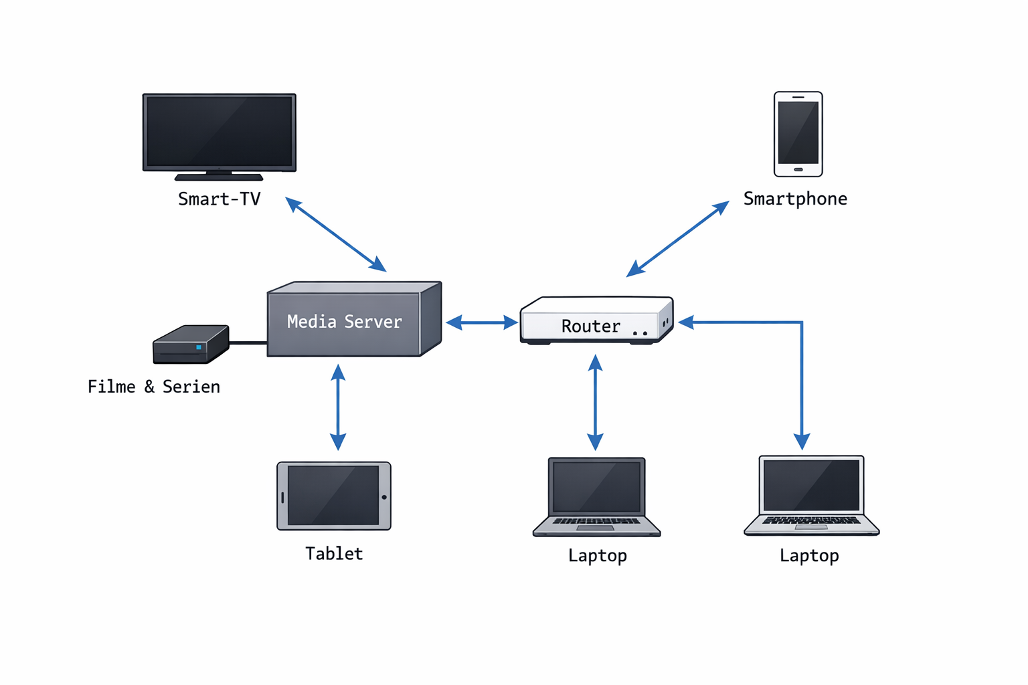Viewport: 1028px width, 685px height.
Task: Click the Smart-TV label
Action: (219, 199)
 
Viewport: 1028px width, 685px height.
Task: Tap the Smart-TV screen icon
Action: (220, 132)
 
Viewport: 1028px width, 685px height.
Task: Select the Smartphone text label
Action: (795, 199)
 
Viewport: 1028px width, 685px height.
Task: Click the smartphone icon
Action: (798, 134)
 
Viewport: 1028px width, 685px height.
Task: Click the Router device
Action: (596, 321)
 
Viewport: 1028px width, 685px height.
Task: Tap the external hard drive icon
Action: (190, 345)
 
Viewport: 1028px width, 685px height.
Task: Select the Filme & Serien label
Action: (154, 387)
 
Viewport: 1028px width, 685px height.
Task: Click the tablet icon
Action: (333, 496)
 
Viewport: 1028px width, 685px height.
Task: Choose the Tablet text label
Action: (334, 553)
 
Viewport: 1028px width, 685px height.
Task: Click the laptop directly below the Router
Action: (596, 496)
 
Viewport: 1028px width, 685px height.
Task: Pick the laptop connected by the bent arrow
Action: (811, 495)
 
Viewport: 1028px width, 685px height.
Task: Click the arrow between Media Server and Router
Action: (481, 322)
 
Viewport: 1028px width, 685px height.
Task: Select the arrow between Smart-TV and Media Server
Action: (336, 234)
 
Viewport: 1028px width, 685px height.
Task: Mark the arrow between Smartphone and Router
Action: (677, 239)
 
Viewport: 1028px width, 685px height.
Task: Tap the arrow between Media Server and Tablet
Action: (338, 407)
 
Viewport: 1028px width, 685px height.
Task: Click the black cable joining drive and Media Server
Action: (248, 342)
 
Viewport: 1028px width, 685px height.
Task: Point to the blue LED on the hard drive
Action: (199, 347)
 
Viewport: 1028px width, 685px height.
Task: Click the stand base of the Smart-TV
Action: (219, 177)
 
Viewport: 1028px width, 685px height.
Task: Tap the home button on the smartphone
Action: (798, 169)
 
